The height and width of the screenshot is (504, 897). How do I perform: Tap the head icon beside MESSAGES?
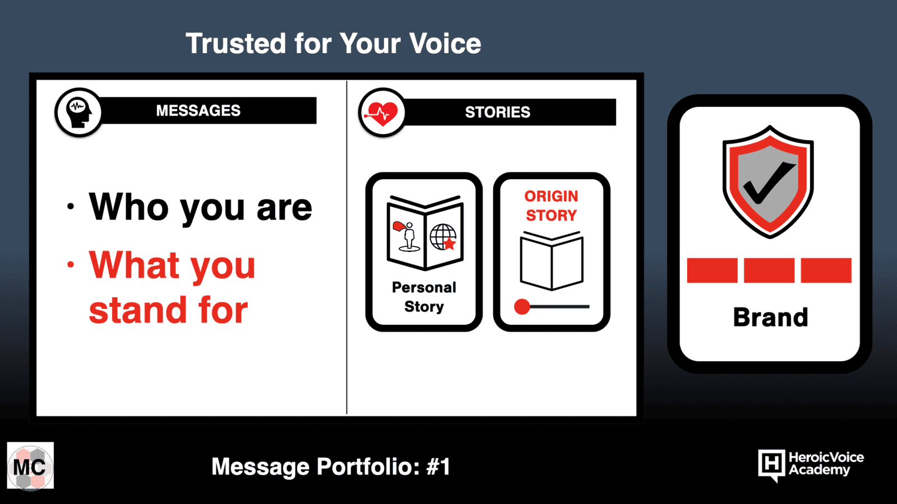pyautogui.click(x=78, y=113)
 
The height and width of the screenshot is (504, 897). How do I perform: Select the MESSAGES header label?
pyautogui.click(x=198, y=110)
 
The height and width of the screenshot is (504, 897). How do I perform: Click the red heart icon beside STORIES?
pyautogui.click(x=382, y=113)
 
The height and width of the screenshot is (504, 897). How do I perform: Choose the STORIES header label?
pyautogui.click(x=497, y=112)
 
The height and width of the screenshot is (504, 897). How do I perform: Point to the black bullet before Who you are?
pyautogui.click(x=71, y=207)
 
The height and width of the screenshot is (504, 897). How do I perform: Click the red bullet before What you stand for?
pyautogui.click(x=71, y=264)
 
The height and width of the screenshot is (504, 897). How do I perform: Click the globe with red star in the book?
pyautogui.click(x=443, y=237)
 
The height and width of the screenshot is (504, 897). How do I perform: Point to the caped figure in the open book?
pyautogui.click(x=406, y=236)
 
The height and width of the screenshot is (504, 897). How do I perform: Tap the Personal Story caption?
pyautogui.click(x=424, y=297)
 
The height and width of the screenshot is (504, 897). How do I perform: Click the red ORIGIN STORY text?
pyautogui.click(x=552, y=206)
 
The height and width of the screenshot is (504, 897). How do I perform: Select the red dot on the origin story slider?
pyautogui.click(x=522, y=307)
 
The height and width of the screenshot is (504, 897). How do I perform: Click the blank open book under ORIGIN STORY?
pyautogui.click(x=552, y=261)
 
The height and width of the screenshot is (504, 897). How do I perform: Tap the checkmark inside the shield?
pyautogui.click(x=769, y=183)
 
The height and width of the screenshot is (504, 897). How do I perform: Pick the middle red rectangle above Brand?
pyautogui.click(x=769, y=270)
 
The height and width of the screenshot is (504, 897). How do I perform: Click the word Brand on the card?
pyautogui.click(x=770, y=317)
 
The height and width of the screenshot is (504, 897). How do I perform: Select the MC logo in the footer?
pyautogui.click(x=30, y=465)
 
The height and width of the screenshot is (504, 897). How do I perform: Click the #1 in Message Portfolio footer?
pyautogui.click(x=438, y=466)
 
